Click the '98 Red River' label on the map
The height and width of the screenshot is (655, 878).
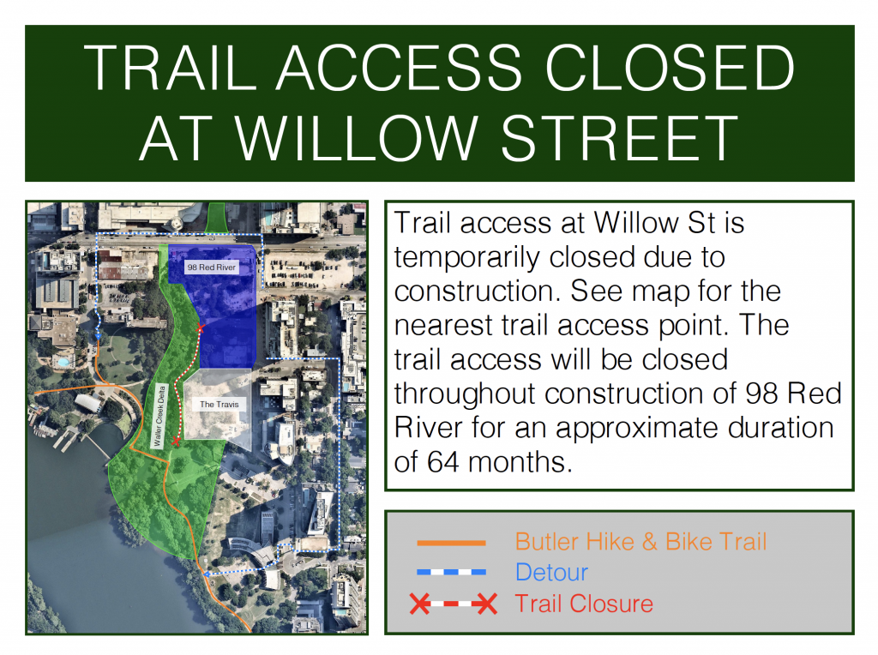coord(212,267)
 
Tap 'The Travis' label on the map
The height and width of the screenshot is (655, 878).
coord(219,404)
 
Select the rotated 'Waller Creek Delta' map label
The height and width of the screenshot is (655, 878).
coord(159,416)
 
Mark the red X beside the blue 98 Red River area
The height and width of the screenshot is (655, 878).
coord(200,328)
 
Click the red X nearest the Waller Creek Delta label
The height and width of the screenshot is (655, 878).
coord(176,442)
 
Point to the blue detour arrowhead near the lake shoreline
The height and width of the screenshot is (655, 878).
coord(206,574)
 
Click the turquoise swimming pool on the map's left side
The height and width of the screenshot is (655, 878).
coord(63,362)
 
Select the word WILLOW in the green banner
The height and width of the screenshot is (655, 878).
coord(356,138)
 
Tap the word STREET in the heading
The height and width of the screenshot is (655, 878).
coord(619,138)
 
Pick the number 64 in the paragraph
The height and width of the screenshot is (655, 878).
coord(443,462)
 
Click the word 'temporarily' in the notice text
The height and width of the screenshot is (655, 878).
coord(467,258)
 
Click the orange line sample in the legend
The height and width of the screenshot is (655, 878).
coord(451,543)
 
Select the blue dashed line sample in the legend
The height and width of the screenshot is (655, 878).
coord(451,572)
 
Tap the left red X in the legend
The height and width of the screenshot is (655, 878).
coord(420,604)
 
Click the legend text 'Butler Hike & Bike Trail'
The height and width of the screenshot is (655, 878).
coord(641,542)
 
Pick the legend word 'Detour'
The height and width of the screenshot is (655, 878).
coord(551,572)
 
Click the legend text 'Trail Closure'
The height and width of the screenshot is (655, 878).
coord(584,604)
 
